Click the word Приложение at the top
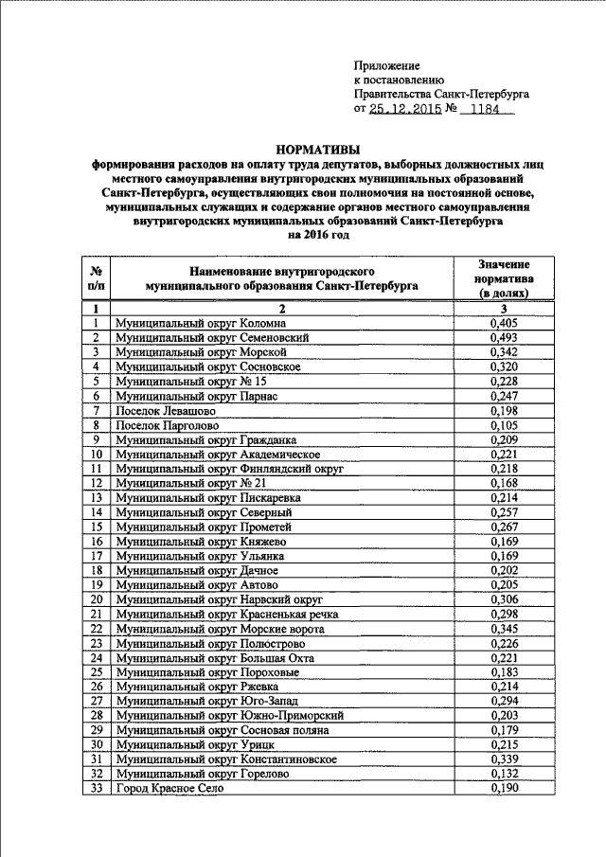385,65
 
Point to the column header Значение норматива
504,279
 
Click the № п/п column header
96,279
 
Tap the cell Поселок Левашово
166,410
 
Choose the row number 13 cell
96,497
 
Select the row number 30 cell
96,744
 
